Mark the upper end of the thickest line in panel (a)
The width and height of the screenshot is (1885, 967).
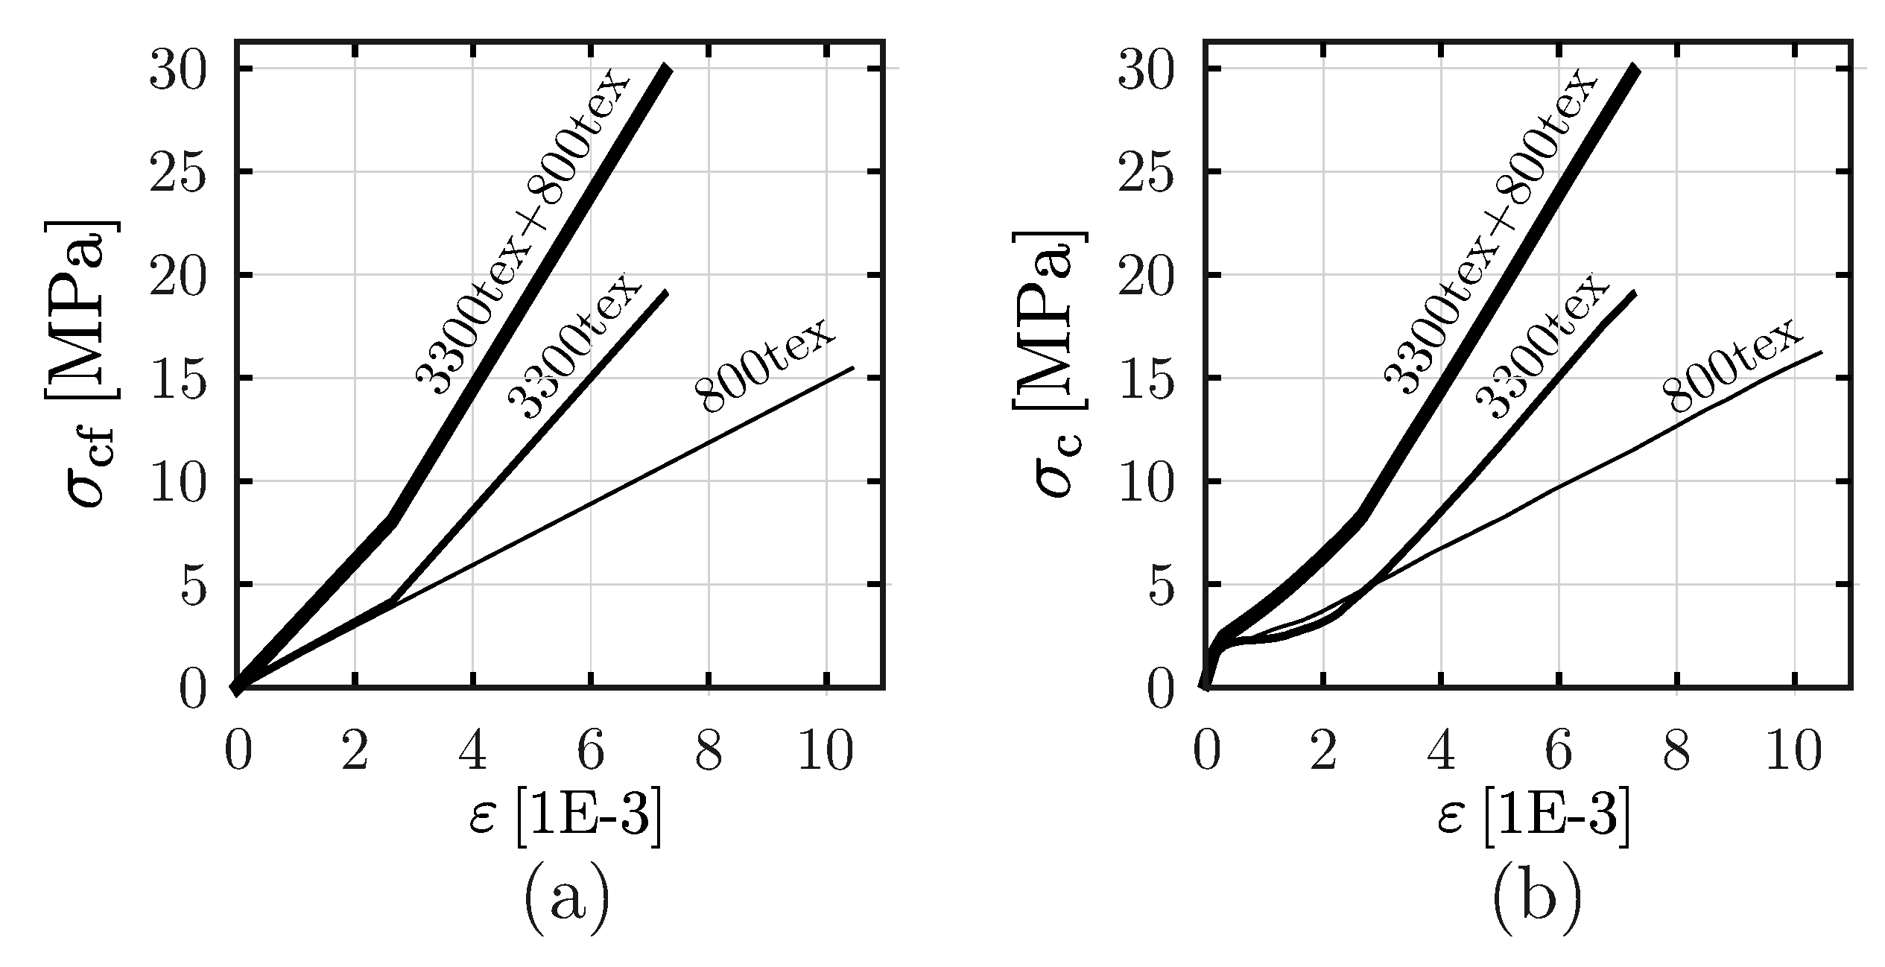(668, 69)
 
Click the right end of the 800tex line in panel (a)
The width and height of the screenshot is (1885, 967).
(852, 367)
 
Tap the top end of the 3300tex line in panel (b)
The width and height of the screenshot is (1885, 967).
(1634, 293)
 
